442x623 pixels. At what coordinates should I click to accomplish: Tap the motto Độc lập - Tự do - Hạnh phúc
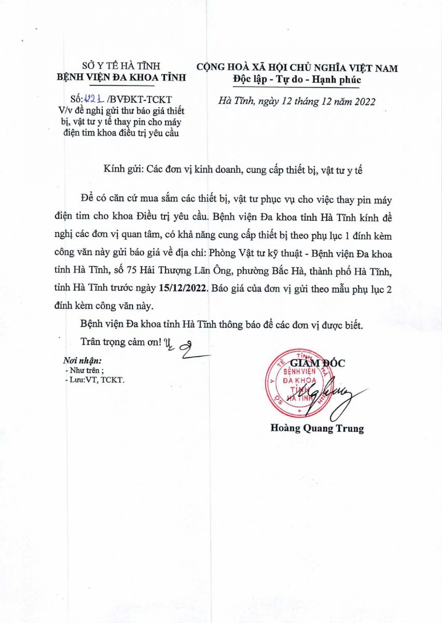[x=297, y=80]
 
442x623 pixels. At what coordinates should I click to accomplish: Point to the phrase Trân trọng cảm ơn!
[x=121, y=343]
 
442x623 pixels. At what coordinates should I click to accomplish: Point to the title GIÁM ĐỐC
[x=316, y=363]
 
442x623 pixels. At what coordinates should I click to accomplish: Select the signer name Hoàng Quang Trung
[x=317, y=429]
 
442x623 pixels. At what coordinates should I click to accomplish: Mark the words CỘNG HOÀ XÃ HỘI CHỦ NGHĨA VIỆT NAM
[x=297, y=68]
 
